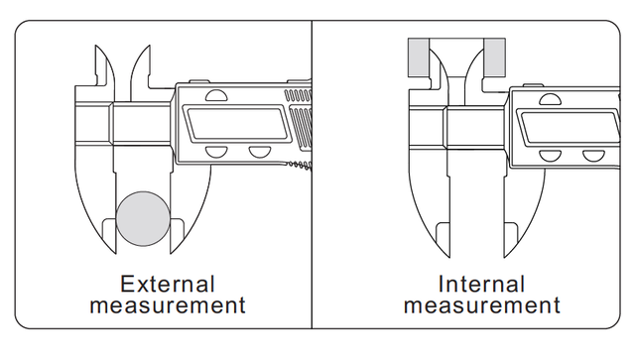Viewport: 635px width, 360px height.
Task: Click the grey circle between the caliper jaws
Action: pyautogui.click(x=143, y=218)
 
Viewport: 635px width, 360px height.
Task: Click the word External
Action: pyautogui.click(x=168, y=284)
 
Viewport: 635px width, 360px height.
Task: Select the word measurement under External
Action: pyautogui.click(x=168, y=305)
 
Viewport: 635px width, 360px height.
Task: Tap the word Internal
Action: pyautogui.click(x=481, y=284)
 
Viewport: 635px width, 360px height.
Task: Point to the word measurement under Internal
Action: pyautogui.click(x=482, y=305)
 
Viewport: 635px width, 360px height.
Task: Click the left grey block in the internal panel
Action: pyautogui.click(x=419, y=58)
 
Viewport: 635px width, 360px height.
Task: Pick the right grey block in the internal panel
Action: pyautogui.click(x=494, y=58)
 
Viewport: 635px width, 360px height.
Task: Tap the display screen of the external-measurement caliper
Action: pyautogui.click(x=238, y=123)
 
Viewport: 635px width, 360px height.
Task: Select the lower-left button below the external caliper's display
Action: pyautogui.click(x=216, y=151)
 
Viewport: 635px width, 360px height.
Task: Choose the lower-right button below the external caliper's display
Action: pyautogui.click(x=260, y=151)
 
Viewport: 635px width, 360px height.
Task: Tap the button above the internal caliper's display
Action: pyautogui.click(x=551, y=99)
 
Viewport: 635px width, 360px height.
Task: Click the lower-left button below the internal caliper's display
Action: pyautogui.click(x=551, y=155)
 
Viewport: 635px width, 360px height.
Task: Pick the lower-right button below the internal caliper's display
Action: pyautogui.click(x=593, y=155)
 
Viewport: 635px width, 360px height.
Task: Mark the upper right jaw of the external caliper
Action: pyautogui.click(x=141, y=68)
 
